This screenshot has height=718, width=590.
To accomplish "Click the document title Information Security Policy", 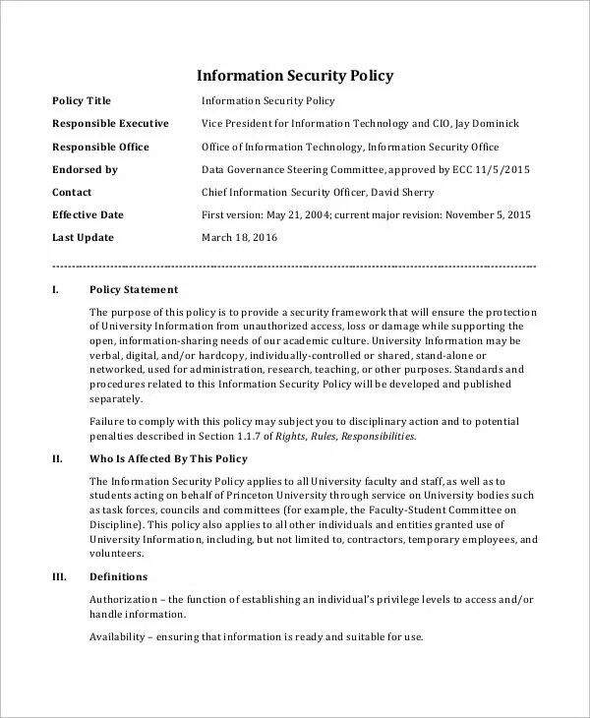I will pos(296,75).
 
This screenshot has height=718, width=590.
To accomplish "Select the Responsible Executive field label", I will pos(109,124).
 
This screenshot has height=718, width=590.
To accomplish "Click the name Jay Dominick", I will pos(484,124).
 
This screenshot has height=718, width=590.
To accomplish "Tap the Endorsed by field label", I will pos(85,169).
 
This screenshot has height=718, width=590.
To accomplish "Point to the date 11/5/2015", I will pos(502,169).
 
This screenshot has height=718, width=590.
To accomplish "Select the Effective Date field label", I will pos(88,214).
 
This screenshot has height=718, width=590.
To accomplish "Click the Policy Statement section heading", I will pos(134,290).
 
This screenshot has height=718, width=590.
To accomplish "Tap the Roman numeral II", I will pos(56,459).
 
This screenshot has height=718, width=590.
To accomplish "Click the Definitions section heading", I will pos(118,576).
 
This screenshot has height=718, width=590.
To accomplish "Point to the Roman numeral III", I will pos(57,576).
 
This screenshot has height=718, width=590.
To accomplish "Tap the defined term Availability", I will pos(118,637).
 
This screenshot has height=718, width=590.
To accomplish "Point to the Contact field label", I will pos(72,192).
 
